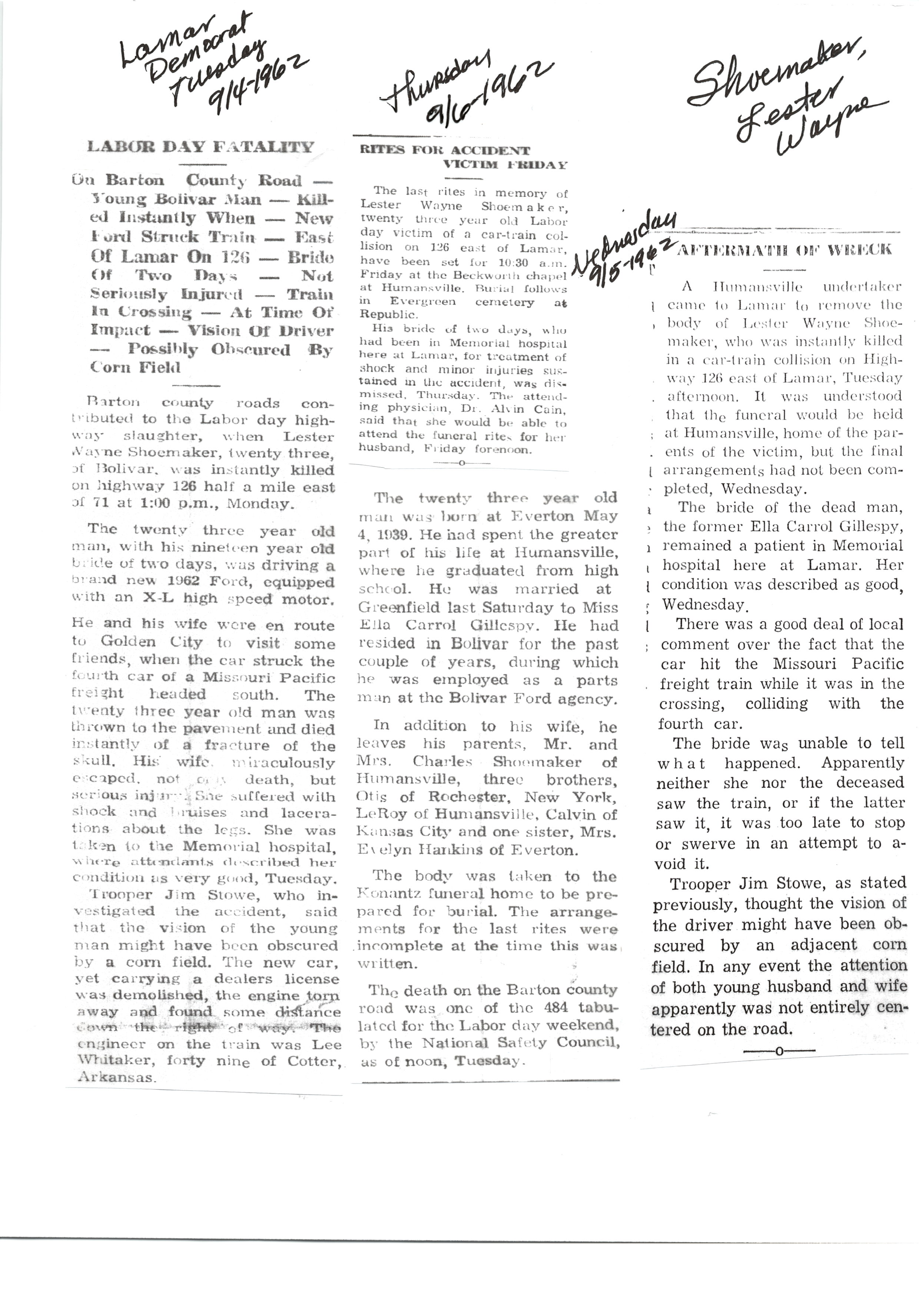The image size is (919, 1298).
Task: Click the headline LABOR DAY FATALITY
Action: point(200,147)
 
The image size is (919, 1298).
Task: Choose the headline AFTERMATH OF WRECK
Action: point(784,249)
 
